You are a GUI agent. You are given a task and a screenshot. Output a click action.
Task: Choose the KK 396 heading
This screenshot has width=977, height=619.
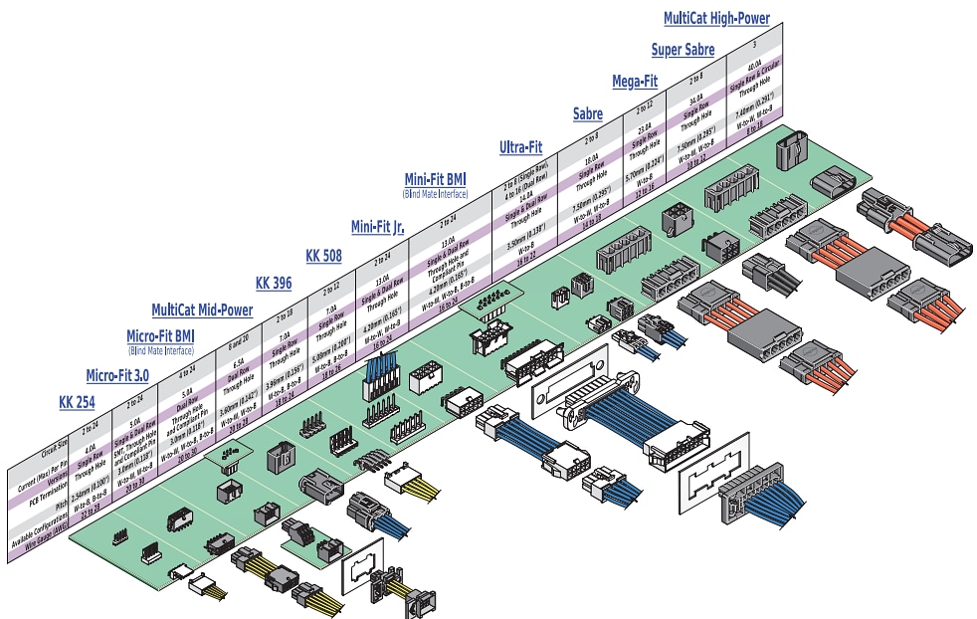[274, 283]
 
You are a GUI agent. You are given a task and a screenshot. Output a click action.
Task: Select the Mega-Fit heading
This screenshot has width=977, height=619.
[635, 81]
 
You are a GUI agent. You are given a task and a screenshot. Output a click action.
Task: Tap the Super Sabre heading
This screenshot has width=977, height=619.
[684, 49]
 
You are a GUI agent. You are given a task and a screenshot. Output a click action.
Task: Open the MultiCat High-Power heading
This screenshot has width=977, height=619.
[716, 18]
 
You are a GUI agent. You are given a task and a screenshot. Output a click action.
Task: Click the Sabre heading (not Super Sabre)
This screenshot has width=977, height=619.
[587, 114]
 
